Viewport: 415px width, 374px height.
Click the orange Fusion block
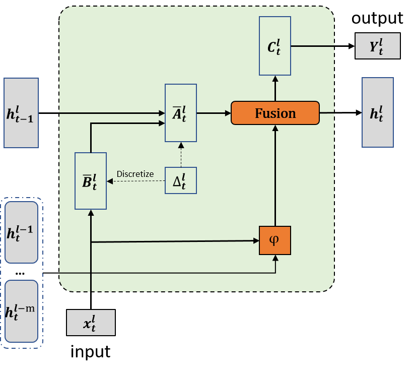275,113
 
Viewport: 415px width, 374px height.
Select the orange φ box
275,240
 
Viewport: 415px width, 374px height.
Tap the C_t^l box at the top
275,46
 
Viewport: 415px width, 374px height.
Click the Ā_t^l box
181,113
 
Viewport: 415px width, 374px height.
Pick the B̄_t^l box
91,181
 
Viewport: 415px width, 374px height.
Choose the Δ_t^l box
181,180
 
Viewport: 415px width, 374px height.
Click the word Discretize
135,174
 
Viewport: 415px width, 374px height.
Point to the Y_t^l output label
377,46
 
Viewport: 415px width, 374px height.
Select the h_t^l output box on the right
377,112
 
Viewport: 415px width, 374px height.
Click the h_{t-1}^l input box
21,113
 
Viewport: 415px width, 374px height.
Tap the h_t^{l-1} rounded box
21,232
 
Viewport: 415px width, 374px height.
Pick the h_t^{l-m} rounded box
21,311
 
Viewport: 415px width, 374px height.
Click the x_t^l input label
91,323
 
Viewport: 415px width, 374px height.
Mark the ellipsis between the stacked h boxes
20,273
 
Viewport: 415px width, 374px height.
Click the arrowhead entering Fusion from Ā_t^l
228,113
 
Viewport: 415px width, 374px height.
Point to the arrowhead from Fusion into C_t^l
275,79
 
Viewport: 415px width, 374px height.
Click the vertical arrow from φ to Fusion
275,176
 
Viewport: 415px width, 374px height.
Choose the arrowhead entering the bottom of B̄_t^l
91,213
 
